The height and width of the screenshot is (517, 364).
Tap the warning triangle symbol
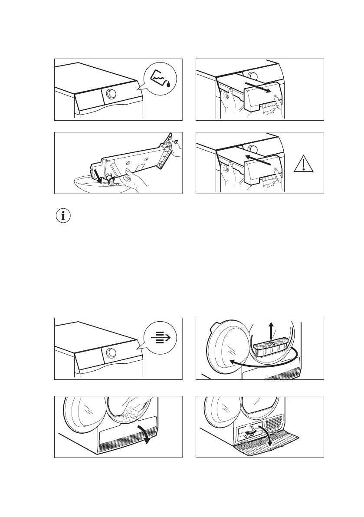pyautogui.click(x=304, y=165)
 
